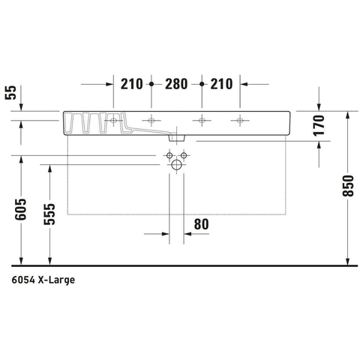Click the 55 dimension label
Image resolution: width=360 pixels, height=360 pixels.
point(10,92)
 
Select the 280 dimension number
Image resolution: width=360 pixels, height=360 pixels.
point(176,84)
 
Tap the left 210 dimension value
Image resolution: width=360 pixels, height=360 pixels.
point(132,84)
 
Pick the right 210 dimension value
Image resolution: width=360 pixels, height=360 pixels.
point(221,84)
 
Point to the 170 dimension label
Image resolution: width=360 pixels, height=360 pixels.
point(319,125)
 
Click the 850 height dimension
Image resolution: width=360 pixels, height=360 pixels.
point(348,185)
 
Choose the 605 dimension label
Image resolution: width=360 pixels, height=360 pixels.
point(20,209)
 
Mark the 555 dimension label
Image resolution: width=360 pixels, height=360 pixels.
point(49,214)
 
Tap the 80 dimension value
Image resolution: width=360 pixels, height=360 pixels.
point(201,224)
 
